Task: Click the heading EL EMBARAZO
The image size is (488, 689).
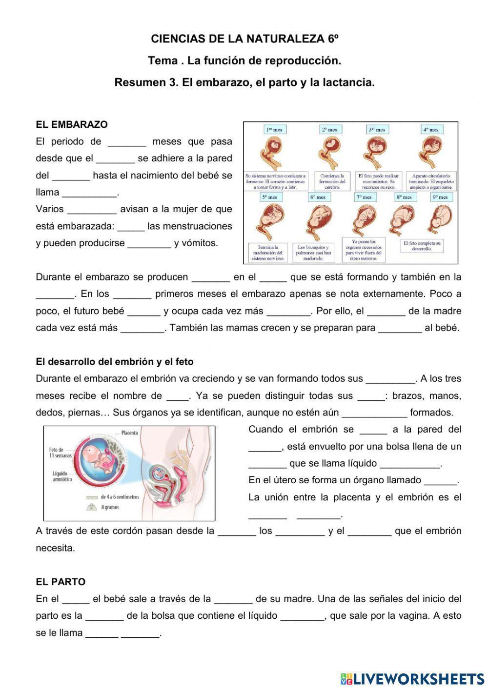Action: tap(71, 124)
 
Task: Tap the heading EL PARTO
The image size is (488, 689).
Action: tap(60, 582)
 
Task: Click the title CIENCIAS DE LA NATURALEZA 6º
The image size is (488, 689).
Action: tap(244, 39)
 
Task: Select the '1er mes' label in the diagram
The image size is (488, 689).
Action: tap(274, 130)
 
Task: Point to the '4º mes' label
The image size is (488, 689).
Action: tap(431, 130)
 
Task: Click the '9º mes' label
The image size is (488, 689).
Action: tap(441, 197)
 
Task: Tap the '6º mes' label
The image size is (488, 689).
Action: tap(318, 197)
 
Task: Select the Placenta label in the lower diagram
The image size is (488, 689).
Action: tap(129, 433)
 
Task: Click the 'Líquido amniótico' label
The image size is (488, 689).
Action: tap(62, 476)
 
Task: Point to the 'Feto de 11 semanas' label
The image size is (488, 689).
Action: tap(61, 453)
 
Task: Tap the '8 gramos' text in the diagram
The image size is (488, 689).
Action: tap(110, 507)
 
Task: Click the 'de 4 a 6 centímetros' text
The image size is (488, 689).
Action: tap(120, 497)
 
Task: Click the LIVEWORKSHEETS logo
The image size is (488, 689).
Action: tap(412, 678)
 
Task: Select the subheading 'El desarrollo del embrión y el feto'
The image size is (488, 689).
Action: tap(115, 362)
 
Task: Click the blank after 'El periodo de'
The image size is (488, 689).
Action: tap(127, 142)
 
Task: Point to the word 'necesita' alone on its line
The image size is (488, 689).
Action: tap(55, 548)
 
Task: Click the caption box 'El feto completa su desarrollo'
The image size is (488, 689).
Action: tap(422, 245)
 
